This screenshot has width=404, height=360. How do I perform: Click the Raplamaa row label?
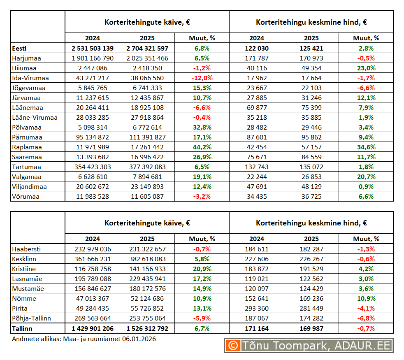[x=27, y=147]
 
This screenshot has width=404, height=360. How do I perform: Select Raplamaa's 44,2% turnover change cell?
[x=202, y=147]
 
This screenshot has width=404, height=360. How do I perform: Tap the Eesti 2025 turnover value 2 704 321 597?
[x=147, y=49]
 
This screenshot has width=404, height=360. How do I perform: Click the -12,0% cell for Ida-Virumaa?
[x=202, y=78]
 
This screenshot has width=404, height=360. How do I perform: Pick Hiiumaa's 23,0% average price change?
[x=366, y=68]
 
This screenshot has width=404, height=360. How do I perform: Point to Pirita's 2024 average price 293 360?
[x=257, y=309]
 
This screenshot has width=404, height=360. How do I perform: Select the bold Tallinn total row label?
[x=23, y=328]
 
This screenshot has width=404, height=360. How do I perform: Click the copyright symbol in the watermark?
[x=233, y=345]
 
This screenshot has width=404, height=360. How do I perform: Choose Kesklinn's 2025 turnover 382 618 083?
[x=147, y=259]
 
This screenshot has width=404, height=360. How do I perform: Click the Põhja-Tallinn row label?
[x=32, y=318]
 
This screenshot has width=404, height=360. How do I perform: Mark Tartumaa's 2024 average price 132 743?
[x=257, y=167]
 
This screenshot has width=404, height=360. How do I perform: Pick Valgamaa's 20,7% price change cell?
[x=366, y=177]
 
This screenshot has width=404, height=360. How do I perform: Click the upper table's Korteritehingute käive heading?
[x=147, y=22]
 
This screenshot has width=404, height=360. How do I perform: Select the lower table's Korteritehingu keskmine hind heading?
[x=311, y=223]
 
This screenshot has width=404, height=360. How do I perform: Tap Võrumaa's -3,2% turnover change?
[x=202, y=197]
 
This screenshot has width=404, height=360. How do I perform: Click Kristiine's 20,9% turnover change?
[x=202, y=269]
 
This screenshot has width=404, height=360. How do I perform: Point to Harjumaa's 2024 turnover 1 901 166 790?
[x=93, y=58]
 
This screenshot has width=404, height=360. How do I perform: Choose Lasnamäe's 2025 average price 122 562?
[x=311, y=279]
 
